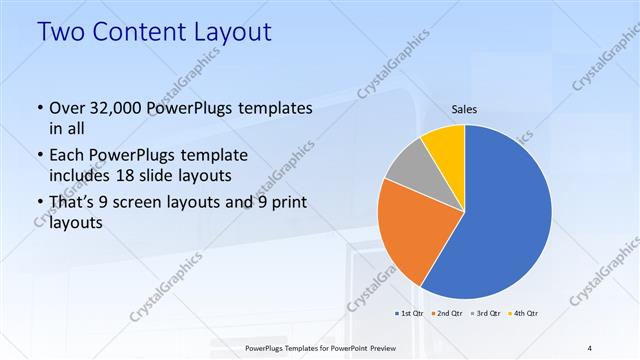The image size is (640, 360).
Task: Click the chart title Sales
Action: pos(465,108)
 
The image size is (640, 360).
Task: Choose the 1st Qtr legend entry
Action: pos(410,314)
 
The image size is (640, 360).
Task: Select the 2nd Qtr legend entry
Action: pos(446,314)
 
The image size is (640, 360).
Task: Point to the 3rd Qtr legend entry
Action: pos(484,314)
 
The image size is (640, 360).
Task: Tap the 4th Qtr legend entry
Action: pos(521,314)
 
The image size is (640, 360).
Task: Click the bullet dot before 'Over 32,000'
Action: pos(39,108)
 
